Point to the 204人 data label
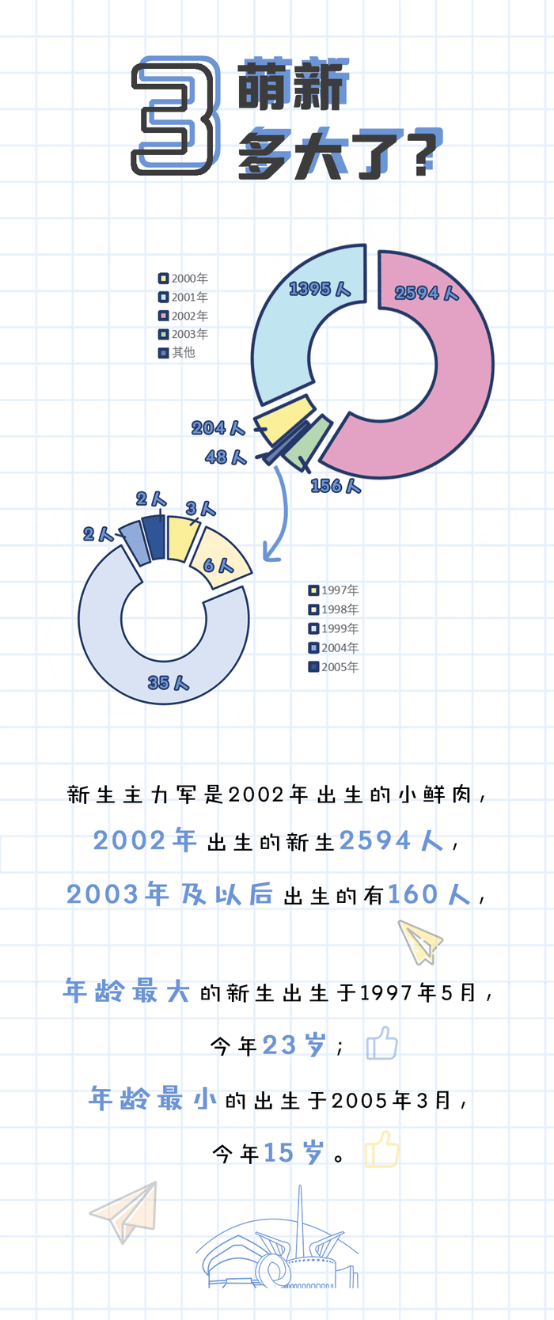coord(217,428)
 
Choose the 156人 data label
coord(336,486)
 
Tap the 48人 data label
coord(226,457)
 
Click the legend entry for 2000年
coord(184,279)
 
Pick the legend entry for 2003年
coord(184,334)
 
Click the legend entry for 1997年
coord(334,590)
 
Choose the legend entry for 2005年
coord(334,667)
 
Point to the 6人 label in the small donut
coord(218,565)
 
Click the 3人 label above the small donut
coord(200,508)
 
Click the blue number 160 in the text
coord(412,894)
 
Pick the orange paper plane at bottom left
coord(126,1211)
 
